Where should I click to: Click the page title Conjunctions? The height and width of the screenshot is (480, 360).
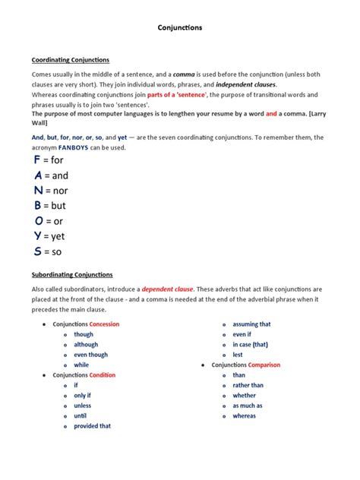tap(179, 28)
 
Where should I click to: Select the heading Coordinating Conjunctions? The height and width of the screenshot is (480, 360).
tap(71, 59)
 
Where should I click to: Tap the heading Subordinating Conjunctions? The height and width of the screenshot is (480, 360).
tap(72, 274)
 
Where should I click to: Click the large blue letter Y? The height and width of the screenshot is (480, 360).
tap(37, 235)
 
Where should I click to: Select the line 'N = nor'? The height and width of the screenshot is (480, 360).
tap(51, 191)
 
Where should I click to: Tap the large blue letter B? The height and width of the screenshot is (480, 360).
tap(37, 205)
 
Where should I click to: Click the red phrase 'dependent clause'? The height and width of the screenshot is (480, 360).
tap(167, 289)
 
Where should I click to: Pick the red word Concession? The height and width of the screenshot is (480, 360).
tap(104, 324)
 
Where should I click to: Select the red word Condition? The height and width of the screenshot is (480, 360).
tap(103, 375)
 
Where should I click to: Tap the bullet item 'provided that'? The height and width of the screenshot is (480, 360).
tap(92, 426)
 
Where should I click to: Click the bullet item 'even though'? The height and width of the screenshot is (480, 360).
tap(90, 355)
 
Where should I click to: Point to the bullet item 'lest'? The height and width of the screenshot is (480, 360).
tap(238, 355)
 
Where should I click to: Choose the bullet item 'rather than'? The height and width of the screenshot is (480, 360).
tap(248, 385)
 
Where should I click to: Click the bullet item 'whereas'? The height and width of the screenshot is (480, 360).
tap(244, 416)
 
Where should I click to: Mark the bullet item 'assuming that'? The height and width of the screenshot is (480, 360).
tap(251, 324)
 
